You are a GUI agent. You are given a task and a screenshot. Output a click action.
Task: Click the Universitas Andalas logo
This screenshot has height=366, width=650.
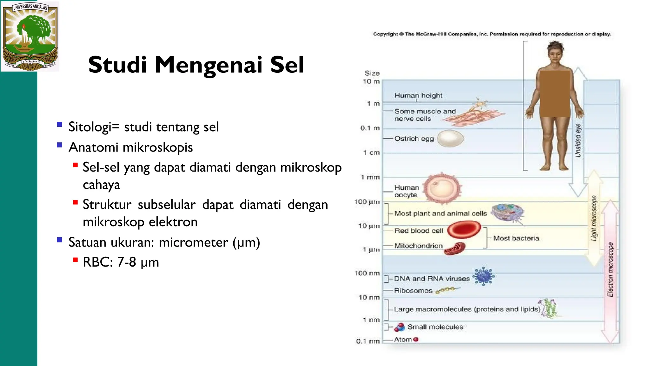(30, 36)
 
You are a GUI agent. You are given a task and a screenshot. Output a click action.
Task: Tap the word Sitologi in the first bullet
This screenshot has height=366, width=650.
(90, 127)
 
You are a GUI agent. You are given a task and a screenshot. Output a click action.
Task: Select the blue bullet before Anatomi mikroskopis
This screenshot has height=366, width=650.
(59, 145)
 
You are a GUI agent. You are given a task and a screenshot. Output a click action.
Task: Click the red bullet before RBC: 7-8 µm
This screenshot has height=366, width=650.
(75, 260)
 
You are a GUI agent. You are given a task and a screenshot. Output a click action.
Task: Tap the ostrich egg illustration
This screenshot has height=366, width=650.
(450, 139)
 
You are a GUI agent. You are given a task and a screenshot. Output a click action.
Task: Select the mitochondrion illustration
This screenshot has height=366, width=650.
(455, 249)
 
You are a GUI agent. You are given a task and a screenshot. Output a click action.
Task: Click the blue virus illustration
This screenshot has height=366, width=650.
(483, 276)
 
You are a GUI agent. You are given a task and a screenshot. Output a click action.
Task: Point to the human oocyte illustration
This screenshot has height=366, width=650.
(442, 189)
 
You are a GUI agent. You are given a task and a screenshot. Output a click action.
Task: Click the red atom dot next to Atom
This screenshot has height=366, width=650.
(416, 339)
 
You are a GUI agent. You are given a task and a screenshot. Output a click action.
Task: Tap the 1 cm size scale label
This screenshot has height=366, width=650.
(371, 152)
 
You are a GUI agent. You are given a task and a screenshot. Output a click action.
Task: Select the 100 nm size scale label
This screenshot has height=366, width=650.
(367, 273)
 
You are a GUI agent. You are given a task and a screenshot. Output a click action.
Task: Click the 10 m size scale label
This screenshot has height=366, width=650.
(371, 81)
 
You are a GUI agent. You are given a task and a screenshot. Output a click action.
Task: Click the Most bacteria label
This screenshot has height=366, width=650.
(516, 238)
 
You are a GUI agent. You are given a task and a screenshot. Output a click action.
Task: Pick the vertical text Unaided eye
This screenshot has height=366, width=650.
(578, 140)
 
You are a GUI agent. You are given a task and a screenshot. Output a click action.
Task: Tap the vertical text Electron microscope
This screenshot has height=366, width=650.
(610, 269)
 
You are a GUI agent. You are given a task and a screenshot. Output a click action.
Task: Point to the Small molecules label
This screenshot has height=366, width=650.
(435, 327)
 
